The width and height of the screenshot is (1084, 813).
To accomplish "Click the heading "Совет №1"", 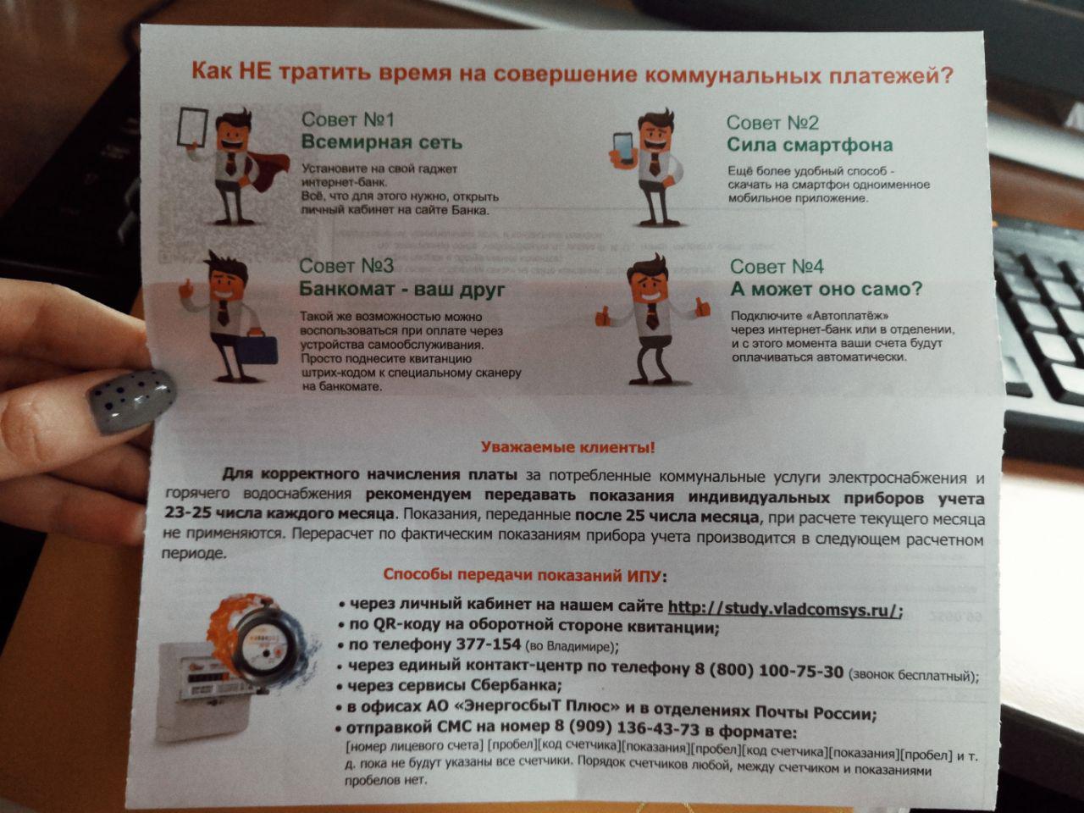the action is (348, 119).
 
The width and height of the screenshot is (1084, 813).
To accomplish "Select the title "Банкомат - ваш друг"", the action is (402, 290).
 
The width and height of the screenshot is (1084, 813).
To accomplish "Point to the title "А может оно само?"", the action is (827, 290).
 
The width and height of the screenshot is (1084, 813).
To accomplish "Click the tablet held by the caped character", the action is (192, 126).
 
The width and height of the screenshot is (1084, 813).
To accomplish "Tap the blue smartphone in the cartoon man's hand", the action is (625, 147).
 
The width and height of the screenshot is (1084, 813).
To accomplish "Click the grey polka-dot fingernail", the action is (131, 401).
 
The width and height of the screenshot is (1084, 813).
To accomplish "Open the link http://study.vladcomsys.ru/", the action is (785, 609).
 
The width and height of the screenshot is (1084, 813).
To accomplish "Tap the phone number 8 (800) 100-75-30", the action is (769, 671).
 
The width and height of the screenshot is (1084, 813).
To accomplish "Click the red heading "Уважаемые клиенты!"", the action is (568, 448).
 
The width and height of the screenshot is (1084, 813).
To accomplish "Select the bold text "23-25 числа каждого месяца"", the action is (279, 514).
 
